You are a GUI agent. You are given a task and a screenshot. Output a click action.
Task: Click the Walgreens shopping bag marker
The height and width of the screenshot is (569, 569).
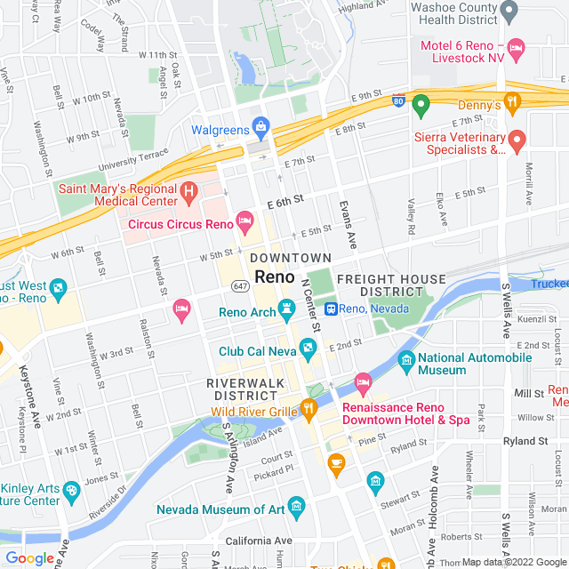coord(260,125)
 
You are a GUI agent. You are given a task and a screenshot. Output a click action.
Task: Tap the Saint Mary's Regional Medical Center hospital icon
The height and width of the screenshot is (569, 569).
coord(188,191)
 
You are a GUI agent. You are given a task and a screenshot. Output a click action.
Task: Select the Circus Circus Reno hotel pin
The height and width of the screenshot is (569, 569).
coord(244,220)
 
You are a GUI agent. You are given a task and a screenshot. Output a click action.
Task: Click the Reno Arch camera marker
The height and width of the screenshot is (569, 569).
coord(286,309)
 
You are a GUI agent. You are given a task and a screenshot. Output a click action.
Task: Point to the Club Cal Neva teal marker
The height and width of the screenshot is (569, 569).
coord(307,348)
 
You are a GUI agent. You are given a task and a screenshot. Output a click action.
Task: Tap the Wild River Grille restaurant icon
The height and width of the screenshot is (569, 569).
coord(309,409)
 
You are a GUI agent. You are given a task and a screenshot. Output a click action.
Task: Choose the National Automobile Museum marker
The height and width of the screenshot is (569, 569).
coord(406,360)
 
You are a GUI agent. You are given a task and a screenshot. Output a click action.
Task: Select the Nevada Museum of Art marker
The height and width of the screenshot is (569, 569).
coord(296,508)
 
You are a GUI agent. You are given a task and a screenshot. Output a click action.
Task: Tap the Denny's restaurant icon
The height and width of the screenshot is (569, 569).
coord(511,101)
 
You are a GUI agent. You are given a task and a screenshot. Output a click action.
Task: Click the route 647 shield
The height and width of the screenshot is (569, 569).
coord(241,286)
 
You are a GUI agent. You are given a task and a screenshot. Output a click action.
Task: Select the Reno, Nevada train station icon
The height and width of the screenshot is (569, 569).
coord(330,309)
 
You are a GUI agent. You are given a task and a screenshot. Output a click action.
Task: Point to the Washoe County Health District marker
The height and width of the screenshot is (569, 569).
coord(509,12)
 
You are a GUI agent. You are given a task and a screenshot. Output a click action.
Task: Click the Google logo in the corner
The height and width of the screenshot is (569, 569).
coord(29,557)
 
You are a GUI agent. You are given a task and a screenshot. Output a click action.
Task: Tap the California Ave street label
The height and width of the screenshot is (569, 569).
coord(259,541)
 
